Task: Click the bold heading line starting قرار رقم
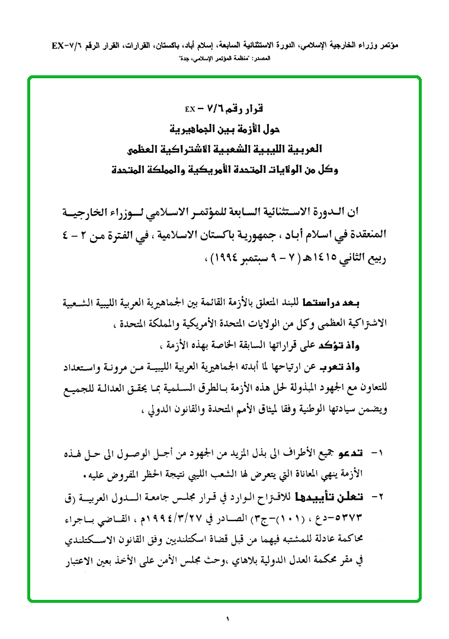(x=224, y=109)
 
